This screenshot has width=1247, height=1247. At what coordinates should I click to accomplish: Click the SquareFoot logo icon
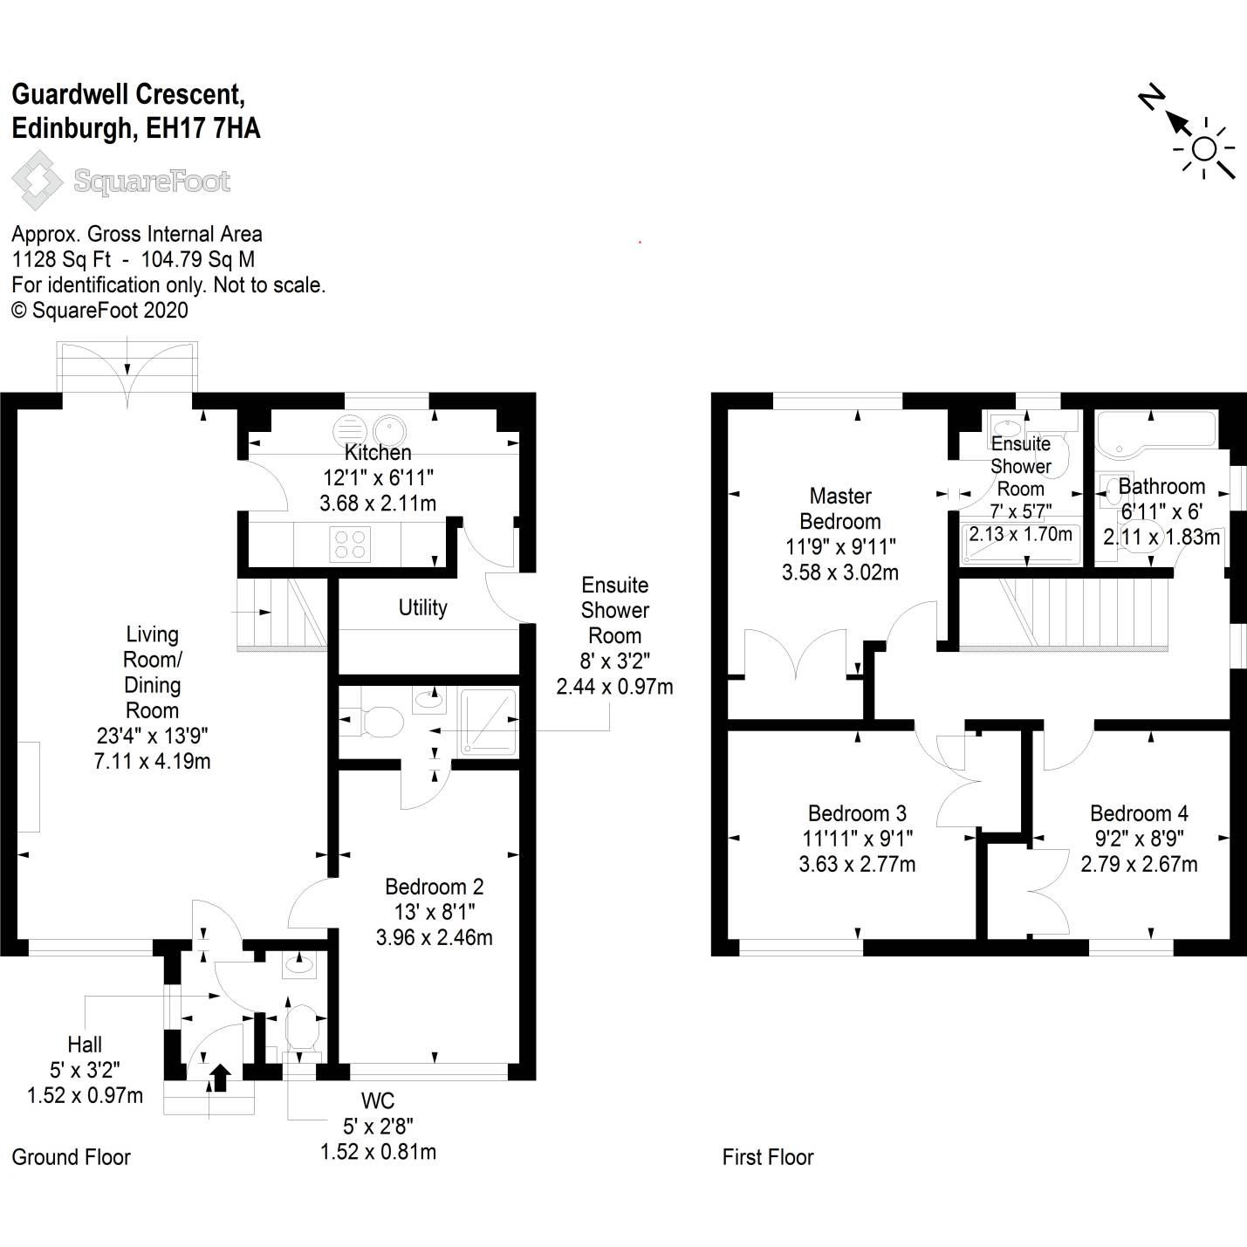(x=35, y=181)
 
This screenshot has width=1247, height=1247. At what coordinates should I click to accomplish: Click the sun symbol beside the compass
(x=1204, y=150)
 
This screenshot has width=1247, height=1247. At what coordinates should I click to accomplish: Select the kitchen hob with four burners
(x=349, y=545)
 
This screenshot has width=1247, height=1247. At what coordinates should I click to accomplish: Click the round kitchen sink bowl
(x=387, y=429)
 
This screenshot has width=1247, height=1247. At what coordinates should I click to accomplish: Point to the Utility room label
(x=422, y=607)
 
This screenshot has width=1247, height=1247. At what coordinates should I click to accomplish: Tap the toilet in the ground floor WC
(x=302, y=1029)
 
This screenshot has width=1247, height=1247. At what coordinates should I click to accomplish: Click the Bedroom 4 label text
(x=1139, y=813)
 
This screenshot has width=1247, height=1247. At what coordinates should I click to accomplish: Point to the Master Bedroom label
(x=840, y=509)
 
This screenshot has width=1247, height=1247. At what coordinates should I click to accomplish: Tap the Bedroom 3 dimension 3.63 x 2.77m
(x=857, y=864)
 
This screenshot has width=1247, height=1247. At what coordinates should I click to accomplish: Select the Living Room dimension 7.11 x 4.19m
(x=152, y=761)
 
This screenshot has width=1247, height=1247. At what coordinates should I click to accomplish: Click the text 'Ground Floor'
(x=71, y=1157)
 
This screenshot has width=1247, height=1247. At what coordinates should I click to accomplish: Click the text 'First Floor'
(x=767, y=1157)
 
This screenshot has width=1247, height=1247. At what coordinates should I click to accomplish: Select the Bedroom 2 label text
(x=434, y=887)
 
